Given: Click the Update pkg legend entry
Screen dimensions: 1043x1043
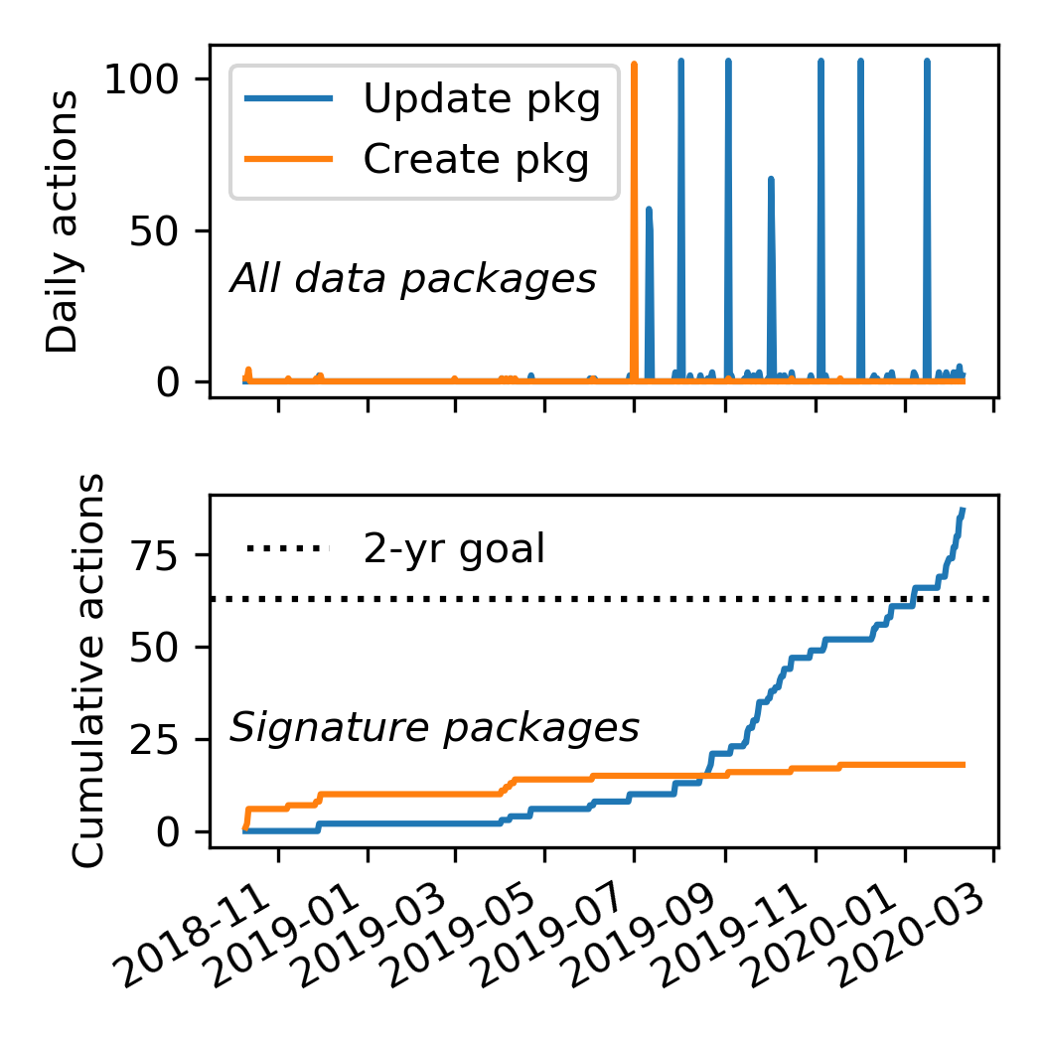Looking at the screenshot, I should pos(482,100).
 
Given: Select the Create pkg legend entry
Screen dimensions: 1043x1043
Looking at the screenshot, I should pos(475,158).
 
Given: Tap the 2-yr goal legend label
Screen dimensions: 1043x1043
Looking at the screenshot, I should pos(454,548).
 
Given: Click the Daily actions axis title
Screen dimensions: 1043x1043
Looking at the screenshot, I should pos(63,221).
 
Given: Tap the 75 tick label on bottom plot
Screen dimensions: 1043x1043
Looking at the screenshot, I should pos(165,554).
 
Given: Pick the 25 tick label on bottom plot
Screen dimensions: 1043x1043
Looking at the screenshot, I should pos(165,739).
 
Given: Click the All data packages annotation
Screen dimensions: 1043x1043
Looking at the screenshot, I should pos(413,279).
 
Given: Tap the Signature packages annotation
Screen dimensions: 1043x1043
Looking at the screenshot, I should pos(434,729).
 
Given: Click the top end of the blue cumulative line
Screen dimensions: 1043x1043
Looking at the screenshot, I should pos(963,511).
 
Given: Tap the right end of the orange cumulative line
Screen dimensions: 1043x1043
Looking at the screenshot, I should pos(963,764).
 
